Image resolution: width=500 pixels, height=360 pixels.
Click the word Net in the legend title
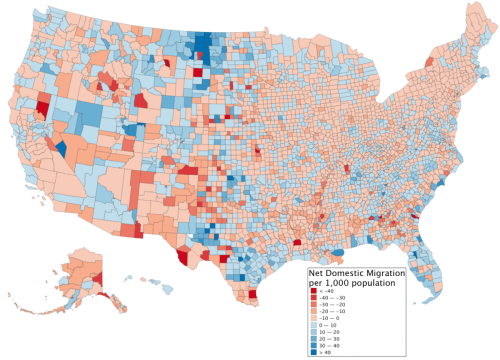(315, 273)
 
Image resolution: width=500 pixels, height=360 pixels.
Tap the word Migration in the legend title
(390, 273)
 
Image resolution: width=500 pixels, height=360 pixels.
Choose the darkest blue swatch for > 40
(314, 352)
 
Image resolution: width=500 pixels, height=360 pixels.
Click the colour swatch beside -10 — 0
(314, 318)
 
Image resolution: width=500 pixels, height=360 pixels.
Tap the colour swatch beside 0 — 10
(314, 325)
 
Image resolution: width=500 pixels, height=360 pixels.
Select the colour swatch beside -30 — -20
(314, 304)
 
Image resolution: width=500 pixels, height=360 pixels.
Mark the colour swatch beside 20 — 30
(314, 338)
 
